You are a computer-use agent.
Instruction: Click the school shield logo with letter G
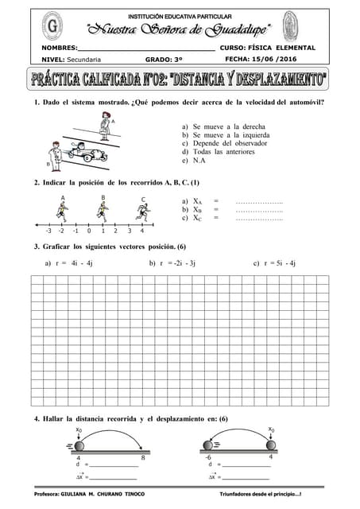click(52, 29)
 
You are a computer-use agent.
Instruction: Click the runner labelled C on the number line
click(142, 212)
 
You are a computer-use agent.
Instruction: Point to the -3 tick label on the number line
click(48, 231)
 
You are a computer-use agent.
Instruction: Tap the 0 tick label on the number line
click(88, 231)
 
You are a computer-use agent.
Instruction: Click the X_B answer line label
click(199, 209)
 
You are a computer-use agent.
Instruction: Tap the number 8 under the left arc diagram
click(143, 458)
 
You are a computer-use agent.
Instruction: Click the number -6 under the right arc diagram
click(208, 457)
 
